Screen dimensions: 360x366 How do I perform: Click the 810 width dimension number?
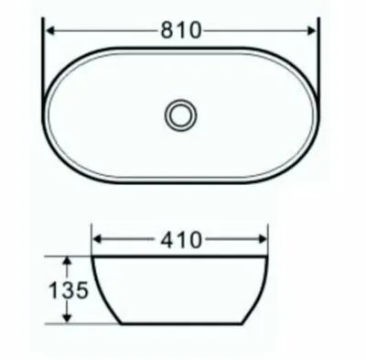[183, 30]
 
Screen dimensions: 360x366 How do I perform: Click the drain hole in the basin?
[179, 114]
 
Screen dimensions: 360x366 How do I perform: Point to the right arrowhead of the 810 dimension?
[314, 30]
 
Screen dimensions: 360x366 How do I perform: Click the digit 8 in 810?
[168, 30]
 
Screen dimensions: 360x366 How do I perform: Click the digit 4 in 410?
[168, 240]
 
